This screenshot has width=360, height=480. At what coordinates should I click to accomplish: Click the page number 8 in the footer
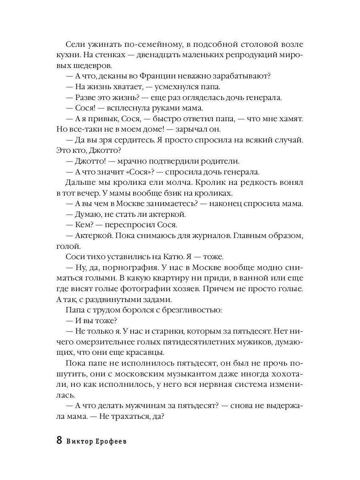pyautogui.click(x=59, y=440)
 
